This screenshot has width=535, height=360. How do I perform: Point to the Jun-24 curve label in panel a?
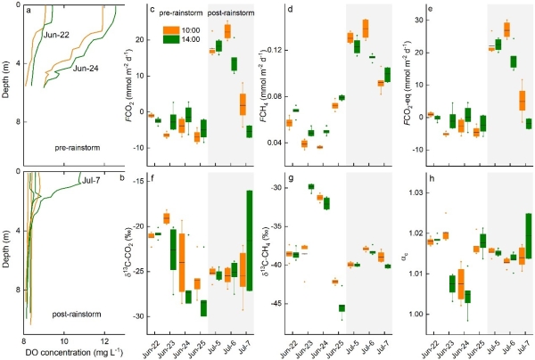(89, 68)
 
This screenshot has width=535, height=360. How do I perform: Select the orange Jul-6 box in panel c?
(227, 31)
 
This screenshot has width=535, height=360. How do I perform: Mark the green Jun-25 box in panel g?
(342, 308)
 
